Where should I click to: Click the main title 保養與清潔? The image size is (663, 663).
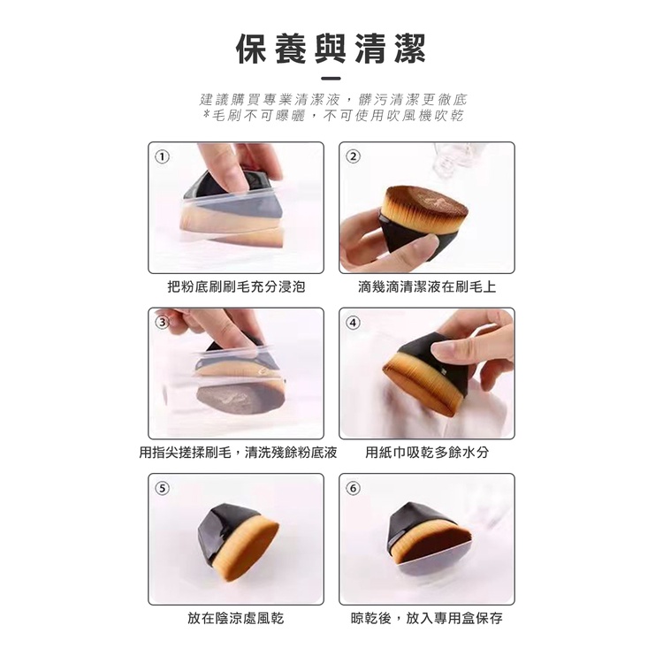331,49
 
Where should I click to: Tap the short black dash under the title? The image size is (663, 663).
331,78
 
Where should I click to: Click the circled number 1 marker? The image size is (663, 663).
163,156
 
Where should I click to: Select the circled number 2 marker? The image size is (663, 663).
354,156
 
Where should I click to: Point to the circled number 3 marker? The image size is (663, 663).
163,323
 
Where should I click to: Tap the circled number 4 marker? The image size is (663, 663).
354,323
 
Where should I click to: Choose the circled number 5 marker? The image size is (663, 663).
163,488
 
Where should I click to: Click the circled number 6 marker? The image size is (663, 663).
354,488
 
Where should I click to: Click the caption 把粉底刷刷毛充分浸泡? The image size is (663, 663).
236,286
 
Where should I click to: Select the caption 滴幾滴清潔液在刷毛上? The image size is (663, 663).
427,286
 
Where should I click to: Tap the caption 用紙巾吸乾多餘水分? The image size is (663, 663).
427,453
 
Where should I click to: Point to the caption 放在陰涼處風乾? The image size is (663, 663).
236,618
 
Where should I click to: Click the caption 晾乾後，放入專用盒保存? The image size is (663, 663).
427,618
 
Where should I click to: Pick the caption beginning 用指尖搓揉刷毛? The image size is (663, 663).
238,453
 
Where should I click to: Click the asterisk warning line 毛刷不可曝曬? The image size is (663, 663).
333,115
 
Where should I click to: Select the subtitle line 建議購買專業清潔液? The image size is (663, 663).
333,99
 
